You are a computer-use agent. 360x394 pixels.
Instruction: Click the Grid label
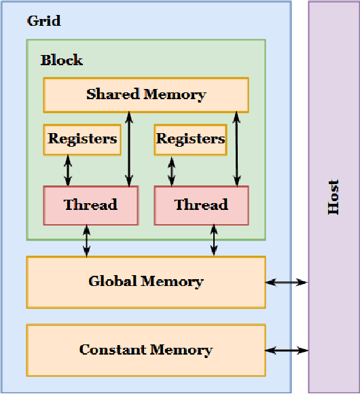tap(43, 21)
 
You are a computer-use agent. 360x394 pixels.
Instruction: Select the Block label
tap(61, 60)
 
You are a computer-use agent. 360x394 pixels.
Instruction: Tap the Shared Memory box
tap(145, 94)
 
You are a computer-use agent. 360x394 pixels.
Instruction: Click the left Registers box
tap(82, 139)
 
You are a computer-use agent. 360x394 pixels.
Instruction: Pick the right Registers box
tap(190, 139)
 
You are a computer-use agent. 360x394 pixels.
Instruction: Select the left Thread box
tap(90, 204)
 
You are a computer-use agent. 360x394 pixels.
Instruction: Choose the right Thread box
tap(201, 204)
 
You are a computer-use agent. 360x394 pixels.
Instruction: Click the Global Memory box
tap(145, 281)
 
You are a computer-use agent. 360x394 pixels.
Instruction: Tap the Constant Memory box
tap(145, 350)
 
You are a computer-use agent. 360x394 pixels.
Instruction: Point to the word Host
tap(334, 197)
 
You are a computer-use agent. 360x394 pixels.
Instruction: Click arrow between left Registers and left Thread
tap(68, 171)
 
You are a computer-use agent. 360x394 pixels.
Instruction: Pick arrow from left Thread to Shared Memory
tap(128, 149)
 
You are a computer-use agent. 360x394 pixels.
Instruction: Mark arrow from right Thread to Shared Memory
tap(236, 149)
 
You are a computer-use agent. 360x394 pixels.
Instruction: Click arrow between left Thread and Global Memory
tap(87, 240)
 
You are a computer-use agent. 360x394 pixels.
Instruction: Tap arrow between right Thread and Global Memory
tap(214, 240)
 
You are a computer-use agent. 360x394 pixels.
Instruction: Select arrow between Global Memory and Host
tap(287, 282)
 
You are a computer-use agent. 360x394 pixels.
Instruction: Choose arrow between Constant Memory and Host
tap(287, 351)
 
